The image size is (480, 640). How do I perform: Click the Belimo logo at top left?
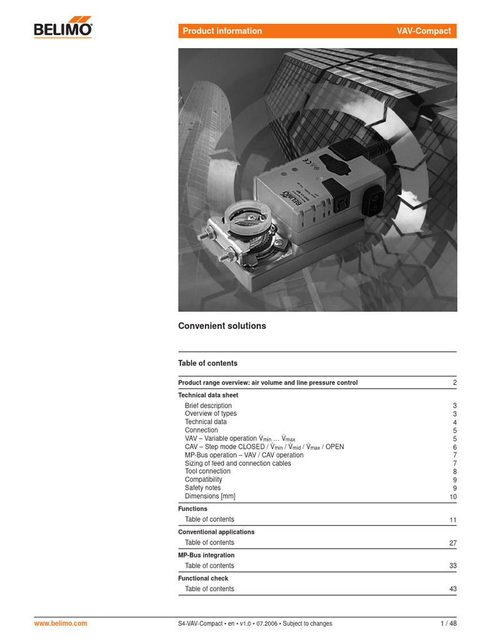pyautogui.click(x=62, y=29)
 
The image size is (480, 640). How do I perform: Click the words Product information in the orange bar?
pyautogui.click(x=222, y=31)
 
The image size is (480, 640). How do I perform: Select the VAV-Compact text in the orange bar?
pyautogui.click(x=423, y=31)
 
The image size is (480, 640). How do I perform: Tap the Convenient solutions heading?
pyautogui.click(x=222, y=326)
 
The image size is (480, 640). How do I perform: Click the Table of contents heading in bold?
pyautogui.click(x=207, y=363)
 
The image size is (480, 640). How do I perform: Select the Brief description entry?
pyautogui.click(x=208, y=406)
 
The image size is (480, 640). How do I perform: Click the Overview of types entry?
pyautogui.click(x=211, y=414)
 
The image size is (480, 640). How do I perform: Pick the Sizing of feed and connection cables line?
pyautogui.click(x=237, y=463)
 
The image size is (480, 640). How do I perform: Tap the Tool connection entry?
pyautogui.click(x=207, y=471)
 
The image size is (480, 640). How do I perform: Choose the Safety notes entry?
pyautogui.click(x=202, y=487)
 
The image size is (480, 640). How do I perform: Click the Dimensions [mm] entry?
pyautogui.click(x=210, y=496)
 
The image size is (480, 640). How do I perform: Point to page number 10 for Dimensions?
pyautogui.click(x=453, y=497)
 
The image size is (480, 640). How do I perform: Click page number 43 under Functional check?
pyautogui.click(x=453, y=589)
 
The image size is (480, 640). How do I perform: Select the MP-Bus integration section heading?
pyautogui.click(x=206, y=555)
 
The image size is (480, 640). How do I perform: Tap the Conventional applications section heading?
pyautogui.click(x=216, y=532)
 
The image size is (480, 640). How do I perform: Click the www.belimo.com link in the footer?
pyautogui.click(x=60, y=623)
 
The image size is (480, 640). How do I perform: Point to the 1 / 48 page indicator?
pyautogui.click(x=448, y=623)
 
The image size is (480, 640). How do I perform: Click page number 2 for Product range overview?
pyautogui.click(x=455, y=382)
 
